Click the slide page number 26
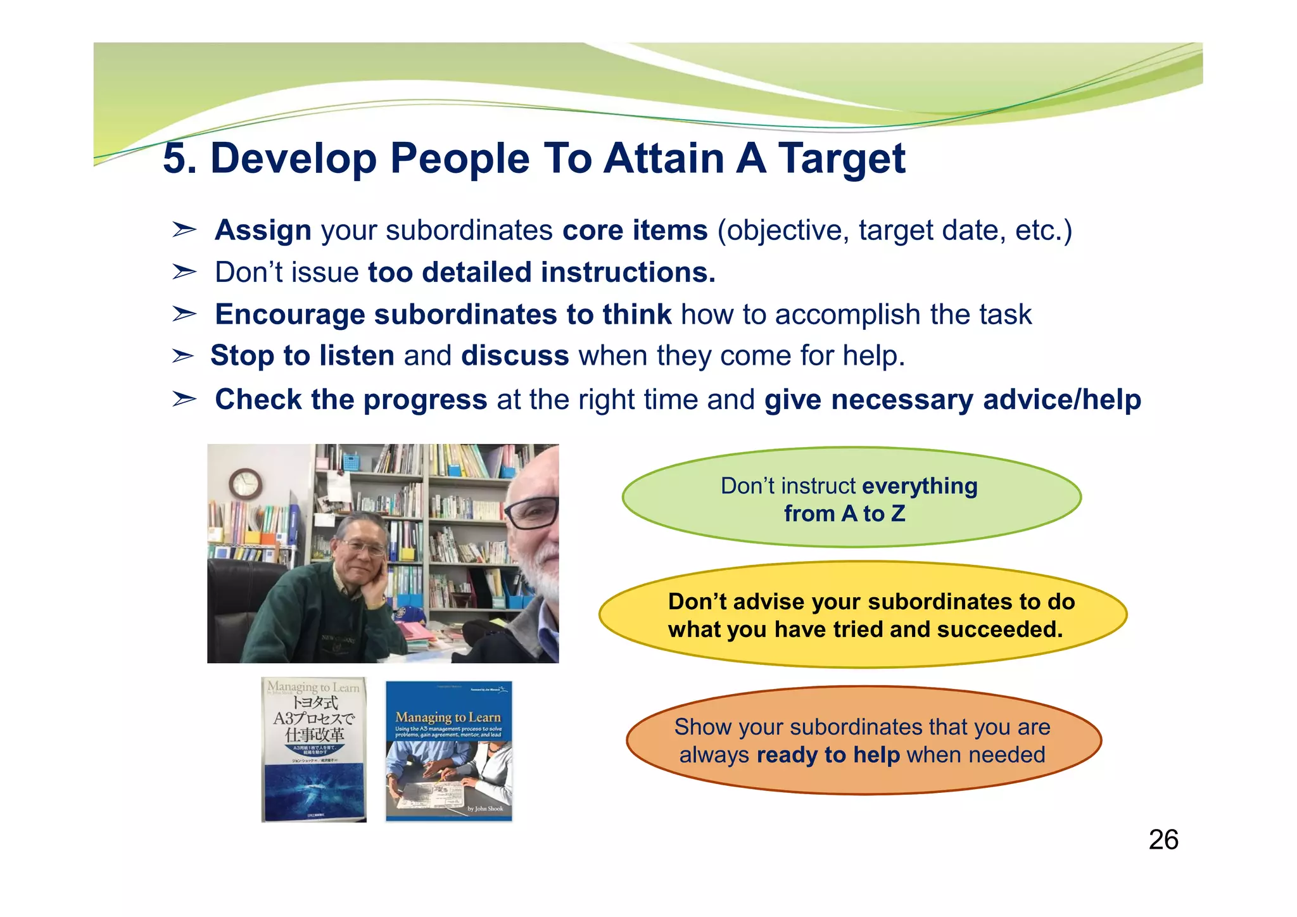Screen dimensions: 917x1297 coord(1163,840)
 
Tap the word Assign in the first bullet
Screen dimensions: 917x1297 coord(263,230)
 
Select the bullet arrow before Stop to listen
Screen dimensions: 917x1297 coord(183,356)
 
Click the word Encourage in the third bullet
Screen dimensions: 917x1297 coord(289,315)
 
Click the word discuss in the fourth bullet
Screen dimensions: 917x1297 coord(515,356)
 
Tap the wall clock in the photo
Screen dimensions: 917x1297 coord(245,484)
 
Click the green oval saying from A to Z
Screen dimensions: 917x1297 coord(851,498)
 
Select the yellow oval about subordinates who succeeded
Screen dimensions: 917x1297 coord(863,615)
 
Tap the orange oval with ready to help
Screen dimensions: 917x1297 coord(863,740)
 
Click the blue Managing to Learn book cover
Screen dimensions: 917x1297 coord(448,751)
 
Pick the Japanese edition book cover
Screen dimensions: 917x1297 coord(314,750)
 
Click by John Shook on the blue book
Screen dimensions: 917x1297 coord(485,809)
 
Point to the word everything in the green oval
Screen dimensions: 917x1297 coord(920,486)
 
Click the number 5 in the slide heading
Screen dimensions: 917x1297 coord(175,158)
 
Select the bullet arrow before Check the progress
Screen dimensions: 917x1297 coord(184,400)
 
